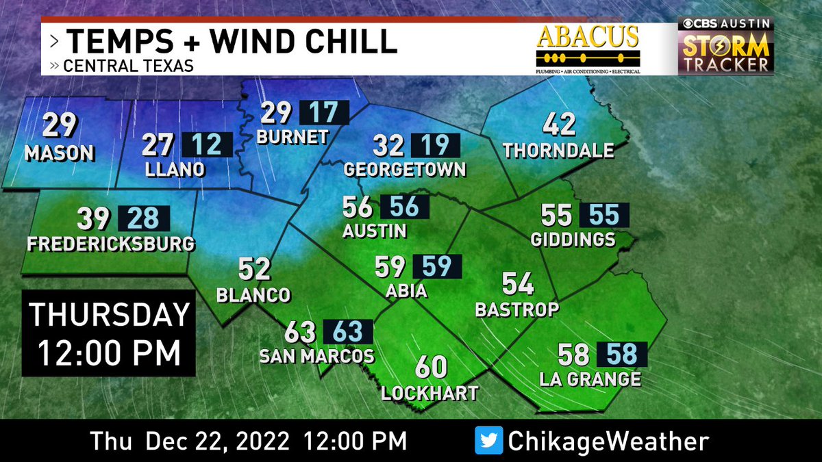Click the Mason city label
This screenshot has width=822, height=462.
pyautogui.click(x=59, y=153)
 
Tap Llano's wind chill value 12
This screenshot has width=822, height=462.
pyautogui.click(x=207, y=145)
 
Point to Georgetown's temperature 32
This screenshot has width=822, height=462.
pyautogui.click(x=388, y=146)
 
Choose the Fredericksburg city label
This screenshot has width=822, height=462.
pyautogui.click(x=110, y=244)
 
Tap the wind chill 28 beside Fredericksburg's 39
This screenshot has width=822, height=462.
pyautogui.click(x=144, y=219)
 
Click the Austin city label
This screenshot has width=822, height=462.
pyautogui.click(x=375, y=231)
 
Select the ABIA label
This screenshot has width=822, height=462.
pyautogui.click(x=406, y=291)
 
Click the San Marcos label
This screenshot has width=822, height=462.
pyautogui.click(x=316, y=356)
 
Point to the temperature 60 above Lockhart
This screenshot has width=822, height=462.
pyautogui.click(x=431, y=368)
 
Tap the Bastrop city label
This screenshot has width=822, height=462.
pyautogui.click(x=517, y=309)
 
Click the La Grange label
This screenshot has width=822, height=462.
pyautogui.click(x=590, y=378)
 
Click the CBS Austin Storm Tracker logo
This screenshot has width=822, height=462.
pyautogui.click(x=725, y=47)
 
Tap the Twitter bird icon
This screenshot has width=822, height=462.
pyautogui.click(x=488, y=440)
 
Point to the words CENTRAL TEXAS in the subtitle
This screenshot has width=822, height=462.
pyautogui.click(x=128, y=66)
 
